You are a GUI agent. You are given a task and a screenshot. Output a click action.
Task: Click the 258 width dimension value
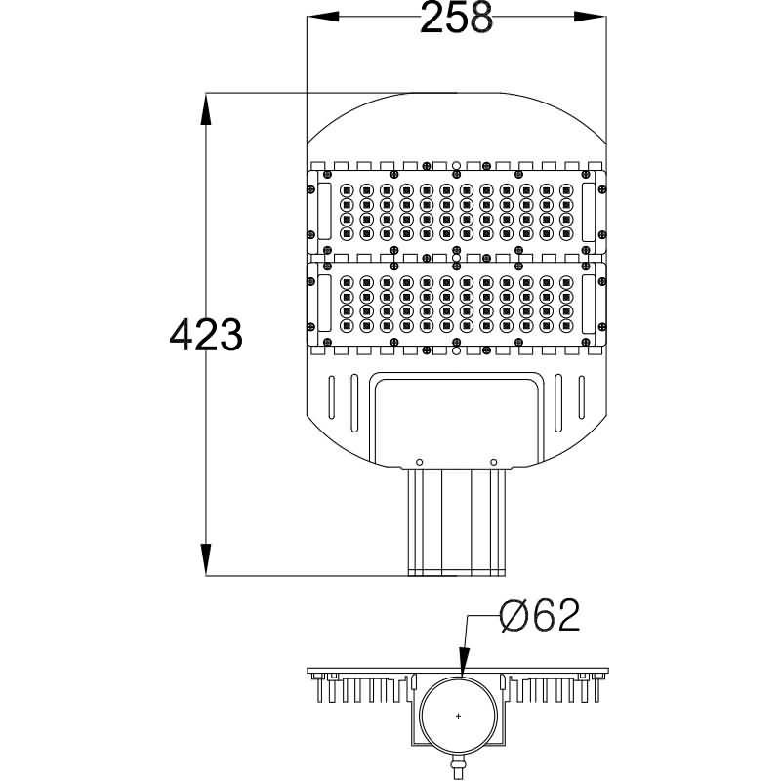coord(455,18)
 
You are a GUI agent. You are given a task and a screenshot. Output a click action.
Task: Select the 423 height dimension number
coord(205,335)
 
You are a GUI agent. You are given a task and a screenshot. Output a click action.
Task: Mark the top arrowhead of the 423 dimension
coord(205,108)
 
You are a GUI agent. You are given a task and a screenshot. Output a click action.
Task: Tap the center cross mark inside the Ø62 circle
coord(459,718)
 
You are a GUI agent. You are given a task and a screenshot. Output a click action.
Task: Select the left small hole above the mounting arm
coord(419,461)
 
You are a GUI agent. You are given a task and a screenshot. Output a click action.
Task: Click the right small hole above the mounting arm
coord(494,461)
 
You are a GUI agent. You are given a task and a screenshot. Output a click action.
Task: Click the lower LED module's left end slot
coord(322,303)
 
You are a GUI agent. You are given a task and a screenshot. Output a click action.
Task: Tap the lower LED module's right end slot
coord(589,303)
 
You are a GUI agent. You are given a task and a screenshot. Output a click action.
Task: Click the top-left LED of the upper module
coord(345,189)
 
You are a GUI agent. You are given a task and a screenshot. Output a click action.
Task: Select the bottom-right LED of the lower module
coord(565,324)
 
